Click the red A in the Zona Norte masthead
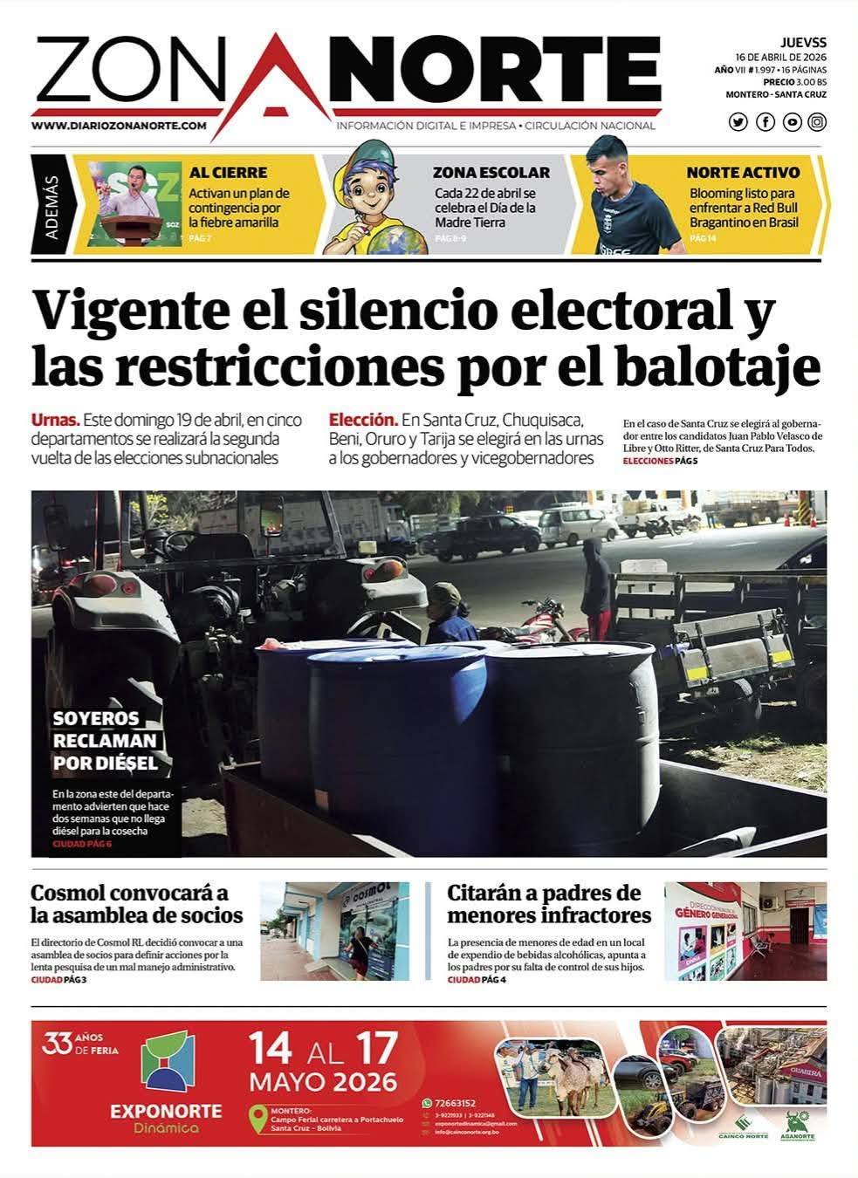[x=273, y=77]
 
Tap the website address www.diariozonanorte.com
[x=119, y=126]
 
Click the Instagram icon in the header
[x=817, y=122]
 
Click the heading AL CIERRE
[x=228, y=173]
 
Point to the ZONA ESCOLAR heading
[x=491, y=173]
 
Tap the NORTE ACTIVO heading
[x=743, y=173]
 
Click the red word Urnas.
[x=56, y=419]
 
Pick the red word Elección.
[x=363, y=419]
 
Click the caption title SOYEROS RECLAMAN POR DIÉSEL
[x=106, y=741]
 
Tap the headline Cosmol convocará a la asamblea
[x=136, y=904]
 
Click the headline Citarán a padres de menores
[x=549, y=904]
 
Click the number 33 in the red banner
[x=57, y=1044]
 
